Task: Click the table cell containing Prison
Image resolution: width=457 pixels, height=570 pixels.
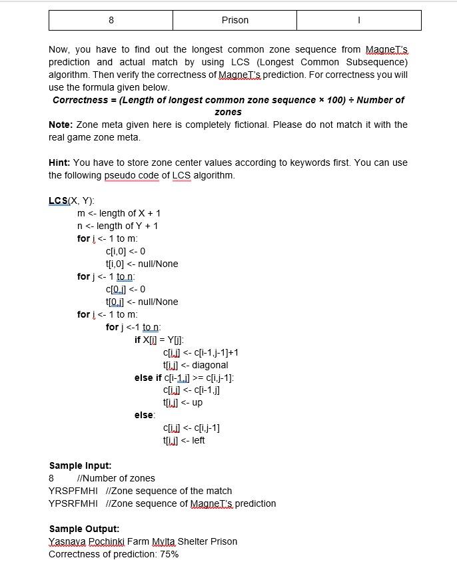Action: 234,20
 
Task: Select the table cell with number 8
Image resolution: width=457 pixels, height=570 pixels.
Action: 111,20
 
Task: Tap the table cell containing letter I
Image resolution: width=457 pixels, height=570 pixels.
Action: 358,20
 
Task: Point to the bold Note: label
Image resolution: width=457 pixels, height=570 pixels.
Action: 61,125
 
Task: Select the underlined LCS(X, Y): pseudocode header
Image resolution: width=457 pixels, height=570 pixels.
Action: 71,200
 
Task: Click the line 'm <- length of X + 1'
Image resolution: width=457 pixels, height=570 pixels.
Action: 119,213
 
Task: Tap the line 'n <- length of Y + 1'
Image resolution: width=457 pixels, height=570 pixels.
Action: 117,226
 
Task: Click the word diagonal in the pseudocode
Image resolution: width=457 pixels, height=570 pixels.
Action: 209,365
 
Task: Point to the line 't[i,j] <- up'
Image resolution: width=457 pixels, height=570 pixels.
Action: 183,403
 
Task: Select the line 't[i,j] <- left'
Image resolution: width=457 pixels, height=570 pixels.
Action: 184,440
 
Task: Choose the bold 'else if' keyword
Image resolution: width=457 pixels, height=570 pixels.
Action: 148,378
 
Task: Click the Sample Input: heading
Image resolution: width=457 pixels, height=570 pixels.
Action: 80,465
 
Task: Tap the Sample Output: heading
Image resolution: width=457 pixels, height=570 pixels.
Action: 84,529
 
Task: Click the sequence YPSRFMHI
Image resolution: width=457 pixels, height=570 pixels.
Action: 73,503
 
